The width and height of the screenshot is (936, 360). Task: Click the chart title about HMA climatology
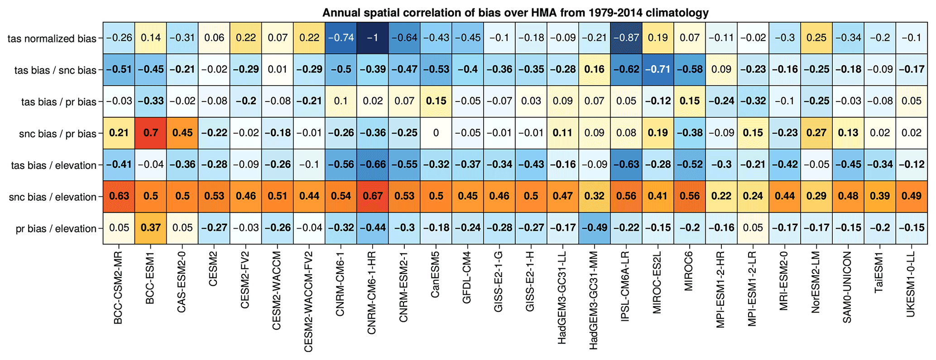[515, 13]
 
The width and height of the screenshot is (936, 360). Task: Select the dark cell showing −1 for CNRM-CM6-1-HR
[372, 38]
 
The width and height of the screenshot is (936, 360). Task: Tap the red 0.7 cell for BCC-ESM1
[150, 133]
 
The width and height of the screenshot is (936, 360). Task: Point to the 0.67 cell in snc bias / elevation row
[372, 197]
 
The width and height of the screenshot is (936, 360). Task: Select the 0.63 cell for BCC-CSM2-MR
[119, 197]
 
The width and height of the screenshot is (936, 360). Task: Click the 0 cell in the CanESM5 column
[436, 133]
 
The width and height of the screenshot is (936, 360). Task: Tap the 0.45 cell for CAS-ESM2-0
[182, 133]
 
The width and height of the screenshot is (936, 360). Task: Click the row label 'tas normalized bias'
[52, 39]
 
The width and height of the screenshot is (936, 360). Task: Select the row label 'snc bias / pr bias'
[58, 134]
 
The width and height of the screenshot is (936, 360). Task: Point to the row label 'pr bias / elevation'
[56, 229]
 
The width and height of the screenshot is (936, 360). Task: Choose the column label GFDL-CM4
[467, 277]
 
